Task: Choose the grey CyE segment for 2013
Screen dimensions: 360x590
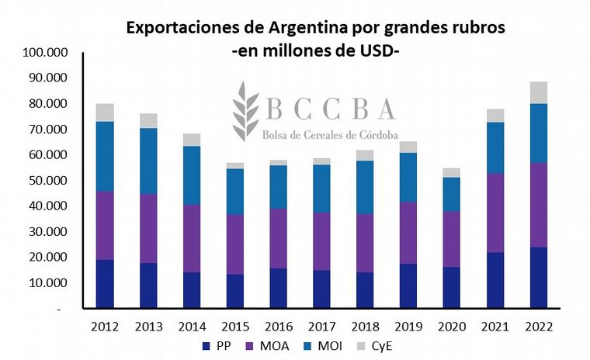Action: [147, 120]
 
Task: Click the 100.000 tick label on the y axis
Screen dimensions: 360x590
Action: [47, 53]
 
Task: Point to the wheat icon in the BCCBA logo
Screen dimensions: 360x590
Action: [246, 112]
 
